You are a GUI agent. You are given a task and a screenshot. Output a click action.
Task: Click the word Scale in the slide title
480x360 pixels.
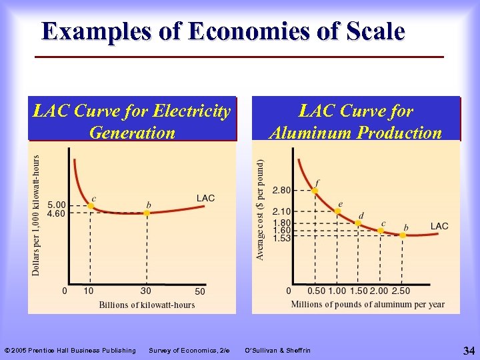click(x=368, y=31)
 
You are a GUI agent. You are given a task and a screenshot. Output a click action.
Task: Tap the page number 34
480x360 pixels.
click(x=468, y=350)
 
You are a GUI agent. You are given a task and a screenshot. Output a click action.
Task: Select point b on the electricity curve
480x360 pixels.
click(x=147, y=213)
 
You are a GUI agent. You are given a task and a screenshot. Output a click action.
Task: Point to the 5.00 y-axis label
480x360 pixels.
click(x=56, y=205)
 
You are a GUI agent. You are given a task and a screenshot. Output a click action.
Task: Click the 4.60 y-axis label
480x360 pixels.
click(x=56, y=213)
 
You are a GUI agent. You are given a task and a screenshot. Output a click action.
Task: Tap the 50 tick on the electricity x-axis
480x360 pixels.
click(x=200, y=291)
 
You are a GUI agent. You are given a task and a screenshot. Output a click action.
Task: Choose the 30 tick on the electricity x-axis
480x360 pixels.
click(x=146, y=291)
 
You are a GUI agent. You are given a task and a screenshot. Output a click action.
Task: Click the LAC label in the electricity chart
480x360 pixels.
click(x=205, y=198)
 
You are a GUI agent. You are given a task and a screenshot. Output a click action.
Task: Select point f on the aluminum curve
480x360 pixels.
click(x=315, y=190)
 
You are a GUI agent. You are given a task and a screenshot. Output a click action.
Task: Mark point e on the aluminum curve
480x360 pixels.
click(x=337, y=211)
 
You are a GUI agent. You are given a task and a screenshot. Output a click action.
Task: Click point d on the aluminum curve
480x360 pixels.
click(x=358, y=223)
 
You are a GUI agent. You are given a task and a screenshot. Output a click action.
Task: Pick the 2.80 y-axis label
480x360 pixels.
click(x=281, y=190)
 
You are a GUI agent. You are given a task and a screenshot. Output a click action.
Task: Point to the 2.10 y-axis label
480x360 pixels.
click(x=281, y=211)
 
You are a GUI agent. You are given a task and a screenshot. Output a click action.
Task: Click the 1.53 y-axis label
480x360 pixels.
click(x=281, y=238)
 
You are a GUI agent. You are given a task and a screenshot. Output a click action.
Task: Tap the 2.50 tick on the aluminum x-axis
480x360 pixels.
click(x=401, y=291)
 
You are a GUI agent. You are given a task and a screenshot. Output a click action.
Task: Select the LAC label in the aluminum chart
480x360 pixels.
click(x=439, y=226)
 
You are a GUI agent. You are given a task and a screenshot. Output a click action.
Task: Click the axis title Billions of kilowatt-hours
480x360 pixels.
click(x=147, y=305)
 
